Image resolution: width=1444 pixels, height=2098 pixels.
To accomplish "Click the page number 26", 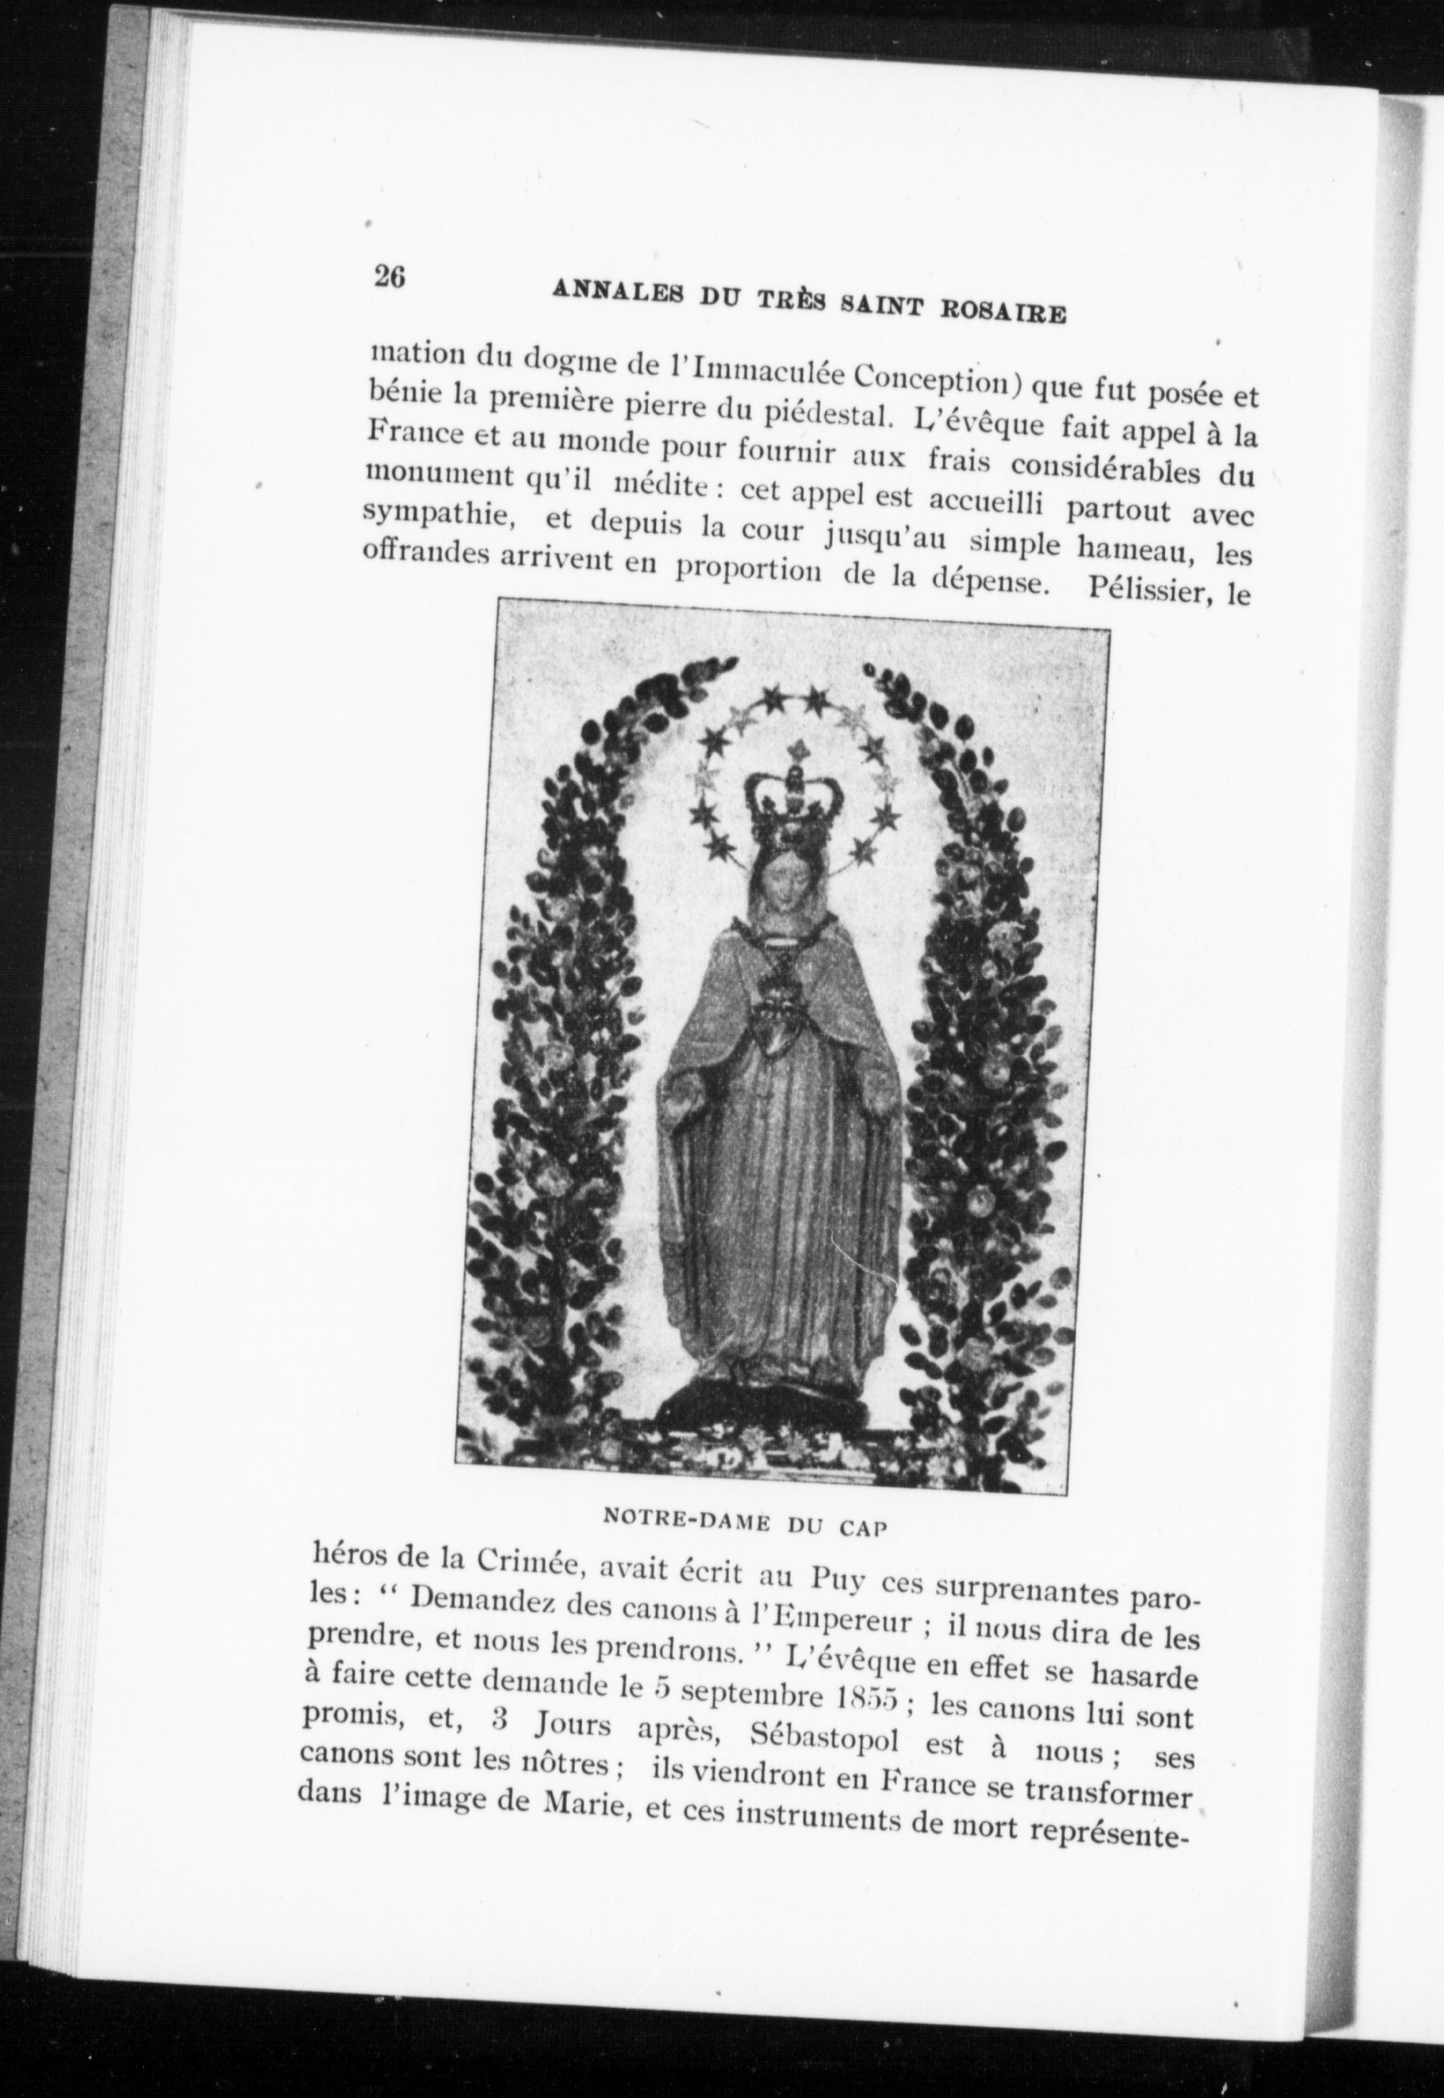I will (x=389, y=276).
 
